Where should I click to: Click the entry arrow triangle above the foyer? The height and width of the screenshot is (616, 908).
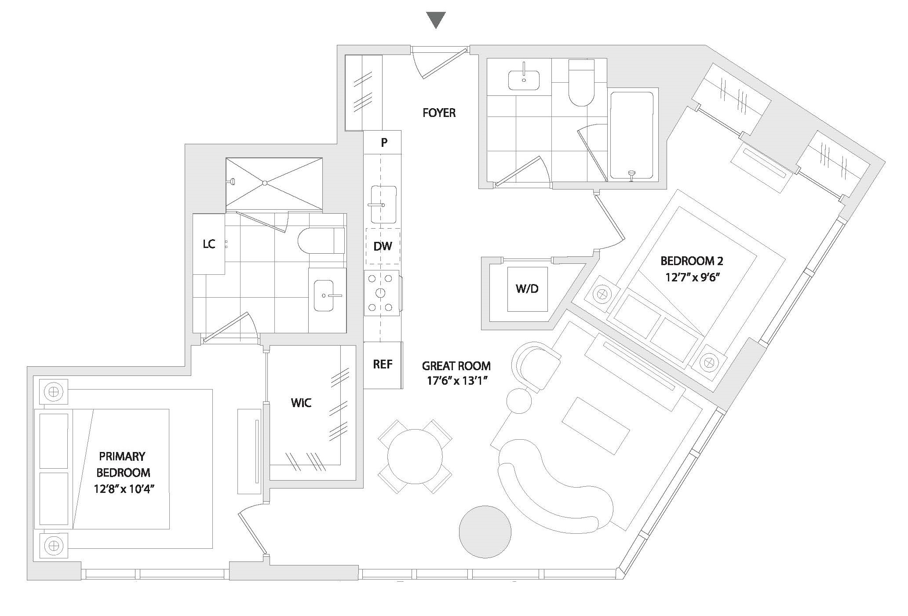click(436, 20)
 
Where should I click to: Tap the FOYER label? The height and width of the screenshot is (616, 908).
click(439, 113)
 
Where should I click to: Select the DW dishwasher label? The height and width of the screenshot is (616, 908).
click(383, 246)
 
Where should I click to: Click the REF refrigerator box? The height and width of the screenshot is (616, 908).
click(383, 365)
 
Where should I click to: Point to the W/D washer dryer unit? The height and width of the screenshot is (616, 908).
click(527, 289)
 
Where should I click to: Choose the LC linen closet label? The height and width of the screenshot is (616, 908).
click(209, 244)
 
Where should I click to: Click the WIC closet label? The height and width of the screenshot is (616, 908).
click(301, 403)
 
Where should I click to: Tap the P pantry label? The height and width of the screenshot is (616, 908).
click(384, 142)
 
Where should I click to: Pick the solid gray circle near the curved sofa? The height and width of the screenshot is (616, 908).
click(485, 532)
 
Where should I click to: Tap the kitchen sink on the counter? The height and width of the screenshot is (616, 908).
click(383, 204)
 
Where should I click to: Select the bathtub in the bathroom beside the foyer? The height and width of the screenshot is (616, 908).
click(631, 135)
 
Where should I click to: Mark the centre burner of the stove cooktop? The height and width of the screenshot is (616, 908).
click(380, 293)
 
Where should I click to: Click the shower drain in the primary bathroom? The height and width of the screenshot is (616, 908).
click(265, 182)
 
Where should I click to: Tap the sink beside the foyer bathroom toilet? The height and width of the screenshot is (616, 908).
click(524, 80)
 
